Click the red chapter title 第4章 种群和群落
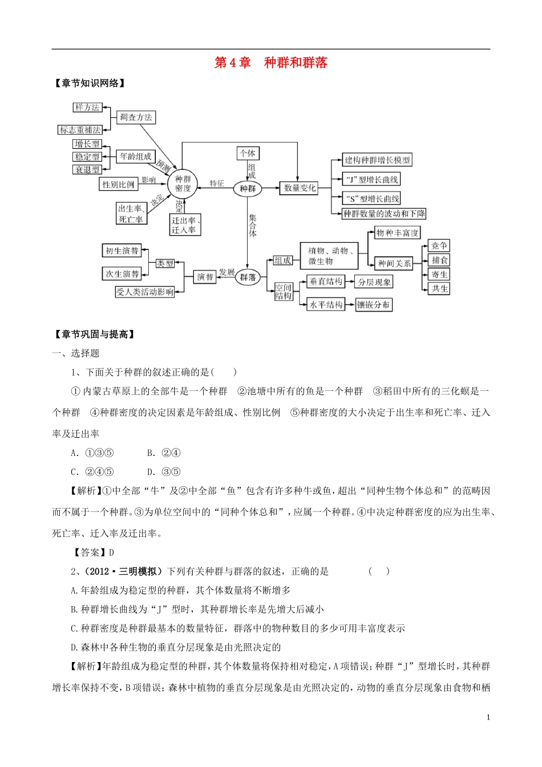[x=271, y=63]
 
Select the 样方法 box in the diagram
[x=87, y=107]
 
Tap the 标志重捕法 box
[x=80, y=130]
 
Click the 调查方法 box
[x=136, y=118]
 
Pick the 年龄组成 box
[x=136, y=156]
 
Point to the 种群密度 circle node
[x=183, y=184]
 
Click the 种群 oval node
[x=248, y=188]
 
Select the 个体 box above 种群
[x=248, y=153]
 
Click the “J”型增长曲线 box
[x=371, y=179]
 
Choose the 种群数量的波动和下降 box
[x=384, y=213]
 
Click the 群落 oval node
[x=248, y=277]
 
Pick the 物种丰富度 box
[x=397, y=233]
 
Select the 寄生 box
[x=439, y=274]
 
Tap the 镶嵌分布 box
[x=374, y=305]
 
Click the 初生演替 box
[x=122, y=251]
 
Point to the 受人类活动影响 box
[x=144, y=292]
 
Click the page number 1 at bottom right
[x=488, y=717]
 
